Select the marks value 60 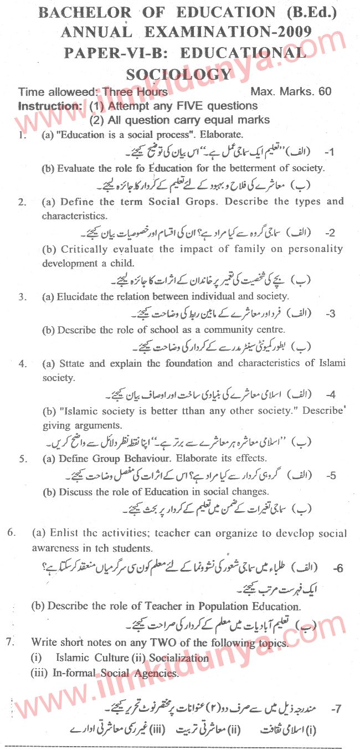[325, 91]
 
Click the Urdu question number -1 [331, 151]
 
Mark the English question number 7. [8, 643]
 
